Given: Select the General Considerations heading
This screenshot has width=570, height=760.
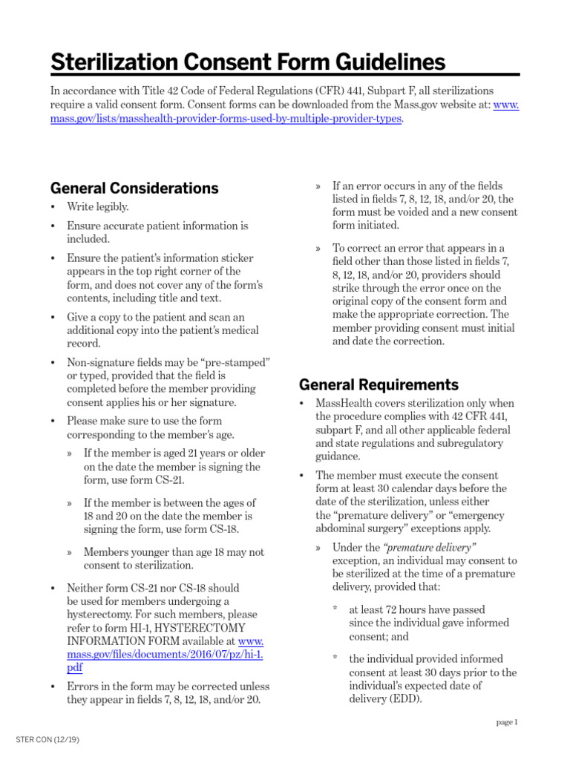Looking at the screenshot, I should pyautogui.click(x=134, y=188).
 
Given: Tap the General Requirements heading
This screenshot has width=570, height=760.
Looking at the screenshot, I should pyautogui.click(x=379, y=384).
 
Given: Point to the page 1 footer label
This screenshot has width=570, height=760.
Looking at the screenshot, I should pyautogui.click(x=507, y=722).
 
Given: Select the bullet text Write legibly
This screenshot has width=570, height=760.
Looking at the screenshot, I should pyautogui.click(x=97, y=207).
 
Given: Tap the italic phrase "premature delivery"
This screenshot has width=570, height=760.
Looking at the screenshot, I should pyautogui.click(x=430, y=548).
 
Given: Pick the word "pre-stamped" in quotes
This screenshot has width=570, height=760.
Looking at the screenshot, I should pyautogui.click(x=237, y=361).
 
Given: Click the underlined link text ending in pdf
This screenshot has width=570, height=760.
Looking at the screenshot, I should pyautogui.click(x=73, y=668).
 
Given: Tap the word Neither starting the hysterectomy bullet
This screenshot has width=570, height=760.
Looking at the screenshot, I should pyautogui.click(x=88, y=588).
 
